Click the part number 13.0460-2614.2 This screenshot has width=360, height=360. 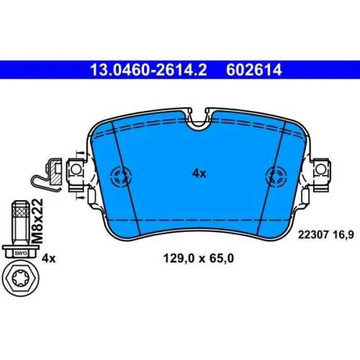pyautogui.click(x=148, y=70)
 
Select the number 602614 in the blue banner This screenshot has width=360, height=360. pyautogui.click(x=253, y=70)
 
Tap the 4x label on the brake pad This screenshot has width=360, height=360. pyautogui.click(x=199, y=174)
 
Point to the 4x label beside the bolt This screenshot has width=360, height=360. pyautogui.click(x=48, y=258)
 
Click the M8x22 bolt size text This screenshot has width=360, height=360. pyautogui.click(x=37, y=221)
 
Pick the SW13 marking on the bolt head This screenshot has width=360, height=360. pyautogui.click(x=21, y=253)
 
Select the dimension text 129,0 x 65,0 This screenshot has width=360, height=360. pyautogui.click(x=198, y=258)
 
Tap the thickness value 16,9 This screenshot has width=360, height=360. pyautogui.click(x=343, y=235)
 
